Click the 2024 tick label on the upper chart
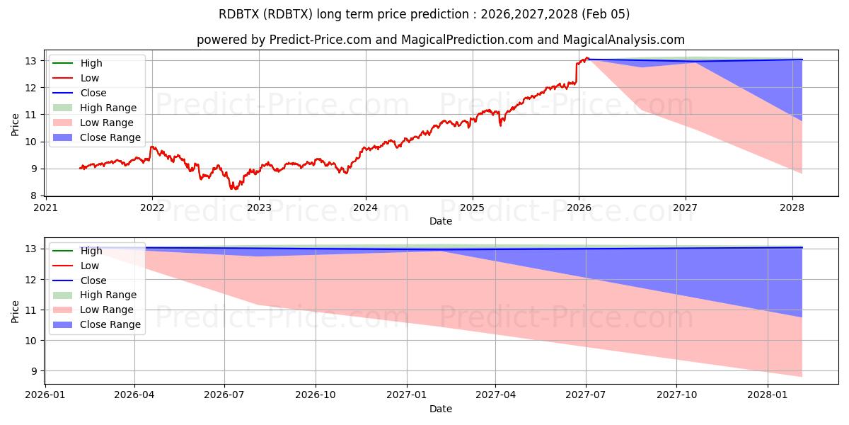click(365, 208)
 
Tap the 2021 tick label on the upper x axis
click(45, 208)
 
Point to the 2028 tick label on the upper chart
click(792, 208)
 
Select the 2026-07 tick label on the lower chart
click(224, 395)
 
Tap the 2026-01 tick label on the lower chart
click(45, 395)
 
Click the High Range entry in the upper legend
click(108, 108)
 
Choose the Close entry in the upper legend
click(93, 93)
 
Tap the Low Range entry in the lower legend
click(107, 310)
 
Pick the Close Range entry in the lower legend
click(110, 324)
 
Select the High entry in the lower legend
click(91, 251)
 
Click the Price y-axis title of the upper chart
click(16, 124)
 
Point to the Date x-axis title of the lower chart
click(441, 409)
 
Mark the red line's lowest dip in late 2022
click(234, 189)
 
